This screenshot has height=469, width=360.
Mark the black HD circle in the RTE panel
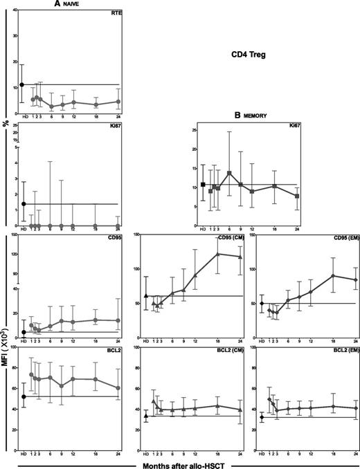(x=23, y=84)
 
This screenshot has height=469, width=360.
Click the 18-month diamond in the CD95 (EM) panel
(x=332, y=275)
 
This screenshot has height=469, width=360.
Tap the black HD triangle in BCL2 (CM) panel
(x=146, y=416)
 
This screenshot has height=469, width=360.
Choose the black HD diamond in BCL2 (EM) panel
(x=262, y=417)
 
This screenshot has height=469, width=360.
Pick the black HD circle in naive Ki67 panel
(x=23, y=204)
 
